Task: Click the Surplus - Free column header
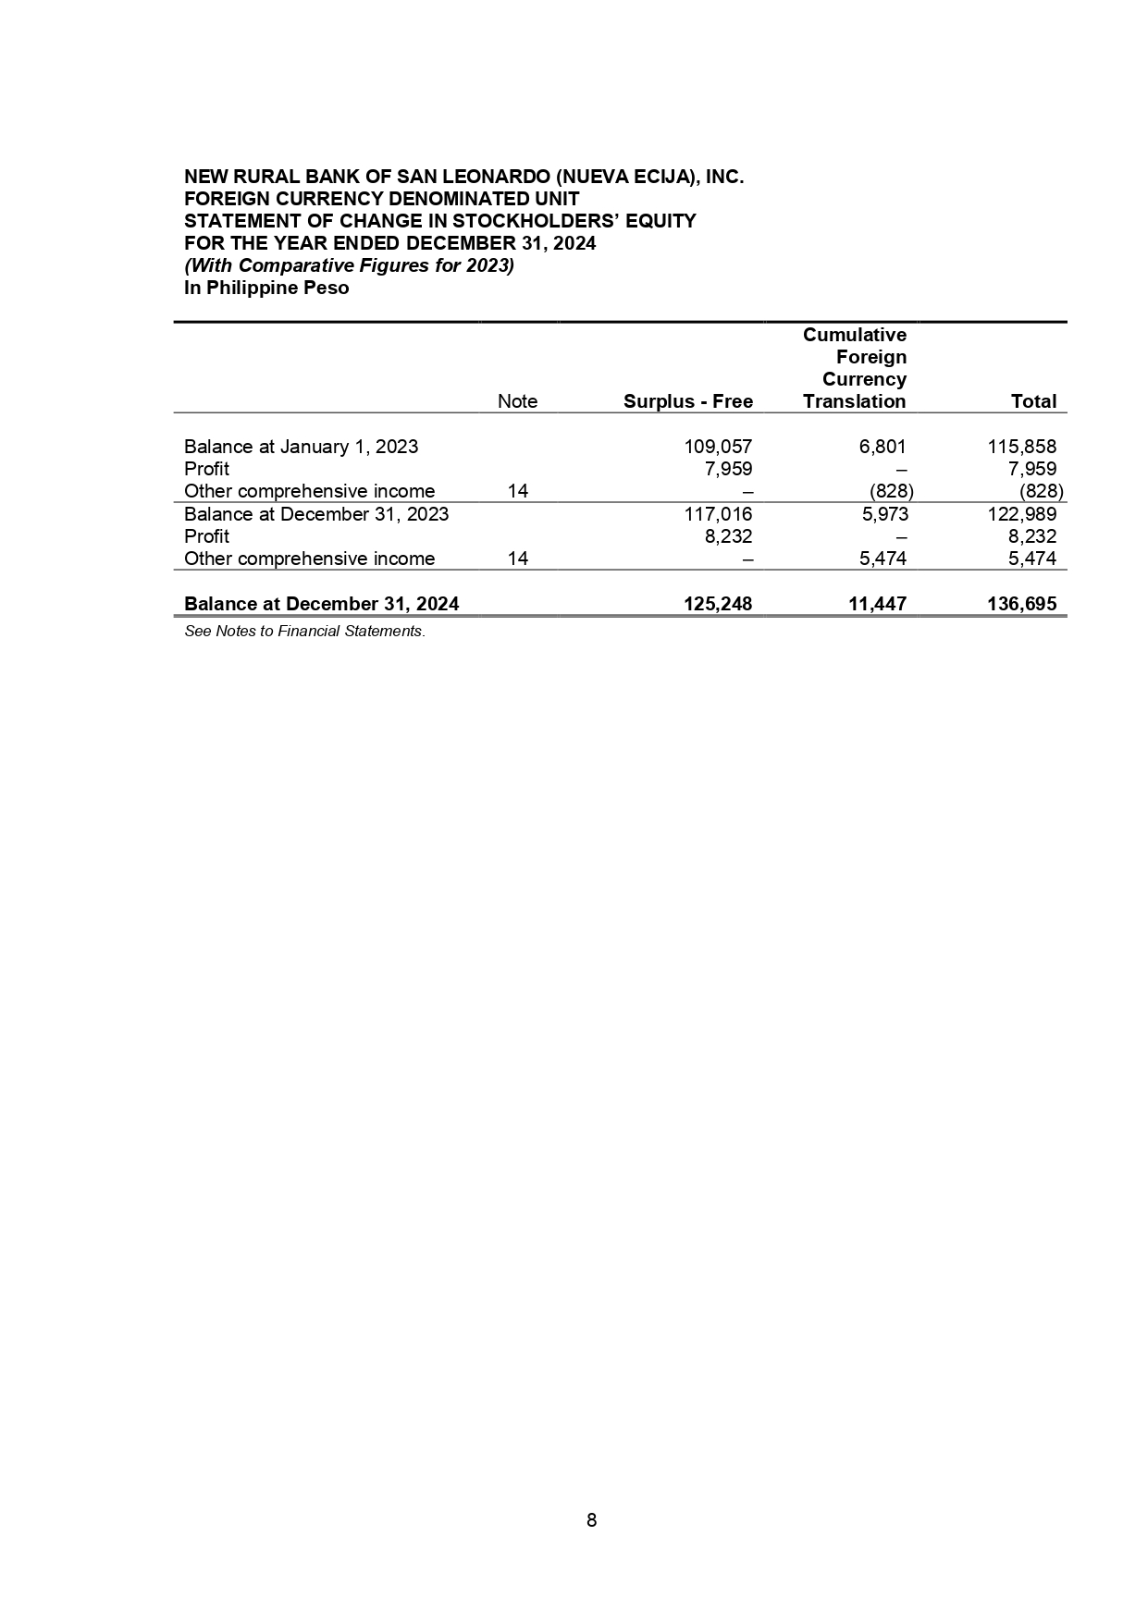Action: [x=687, y=401]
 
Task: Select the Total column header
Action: [x=1033, y=401]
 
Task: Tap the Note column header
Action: [x=517, y=401]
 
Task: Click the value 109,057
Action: [x=718, y=447]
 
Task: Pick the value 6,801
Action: [x=883, y=447]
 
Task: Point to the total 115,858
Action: [x=1022, y=447]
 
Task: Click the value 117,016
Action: [x=718, y=514]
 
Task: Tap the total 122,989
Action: [x=1022, y=514]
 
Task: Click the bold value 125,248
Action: [x=717, y=604]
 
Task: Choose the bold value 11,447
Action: [x=877, y=604]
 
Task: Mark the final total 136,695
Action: [x=1020, y=604]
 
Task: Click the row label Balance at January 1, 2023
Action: [x=301, y=447]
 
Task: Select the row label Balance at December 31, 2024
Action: [x=321, y=604]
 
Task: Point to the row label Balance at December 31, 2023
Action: [x=316, y=514]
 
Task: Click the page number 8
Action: [x=592, y=1519]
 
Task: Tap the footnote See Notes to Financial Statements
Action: [x=304, y=632]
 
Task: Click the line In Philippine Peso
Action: [x=266, y=288]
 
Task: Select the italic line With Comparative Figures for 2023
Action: [x=349, y=265]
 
